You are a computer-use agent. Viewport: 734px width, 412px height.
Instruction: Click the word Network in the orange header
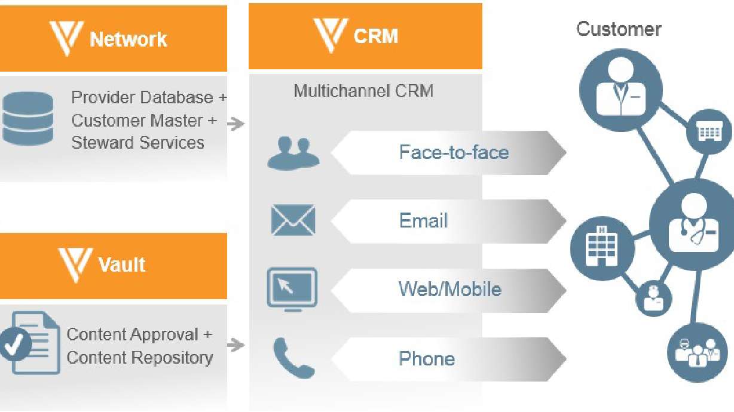[x=128, y=39]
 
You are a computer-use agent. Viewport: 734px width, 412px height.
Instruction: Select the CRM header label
[x=375, y=36]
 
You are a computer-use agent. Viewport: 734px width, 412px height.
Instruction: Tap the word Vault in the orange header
[x=121, y=265]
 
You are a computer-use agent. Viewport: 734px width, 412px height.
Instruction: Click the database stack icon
[x=27, y=118]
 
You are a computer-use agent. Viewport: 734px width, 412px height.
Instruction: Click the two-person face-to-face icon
[x=293, y=153]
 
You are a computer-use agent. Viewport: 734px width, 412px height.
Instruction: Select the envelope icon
[x=293, y=220]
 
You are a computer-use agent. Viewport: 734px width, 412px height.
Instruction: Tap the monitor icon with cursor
[x=292, y=290]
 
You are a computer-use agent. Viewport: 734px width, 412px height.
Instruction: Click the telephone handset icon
[x=293, y=358]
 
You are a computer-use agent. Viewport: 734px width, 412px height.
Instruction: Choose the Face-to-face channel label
[x=454, y=152]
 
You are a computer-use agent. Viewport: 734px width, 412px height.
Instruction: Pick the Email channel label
[x=423, y=221]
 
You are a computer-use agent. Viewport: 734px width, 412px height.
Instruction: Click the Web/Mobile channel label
[x=449, y=290]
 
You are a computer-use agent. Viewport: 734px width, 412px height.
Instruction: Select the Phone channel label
[x=427, y=358]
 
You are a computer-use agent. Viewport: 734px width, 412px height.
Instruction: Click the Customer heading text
[x=619, y=29]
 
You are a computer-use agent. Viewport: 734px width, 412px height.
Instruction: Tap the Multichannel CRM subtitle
[x=363, y=91]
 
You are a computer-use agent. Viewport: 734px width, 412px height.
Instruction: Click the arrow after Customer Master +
[x=237, y=124]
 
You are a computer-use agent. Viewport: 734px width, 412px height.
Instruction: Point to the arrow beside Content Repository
[x=237, y=345]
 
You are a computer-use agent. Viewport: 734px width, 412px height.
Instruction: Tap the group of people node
[x=696, y=352]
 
